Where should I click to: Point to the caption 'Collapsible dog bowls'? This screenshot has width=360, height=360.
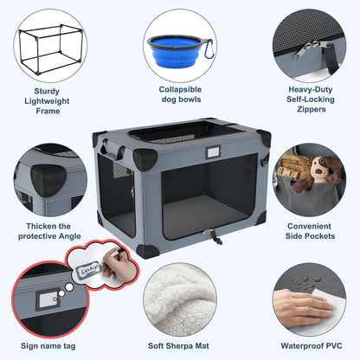pyautogui.click(x=180, y=94)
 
